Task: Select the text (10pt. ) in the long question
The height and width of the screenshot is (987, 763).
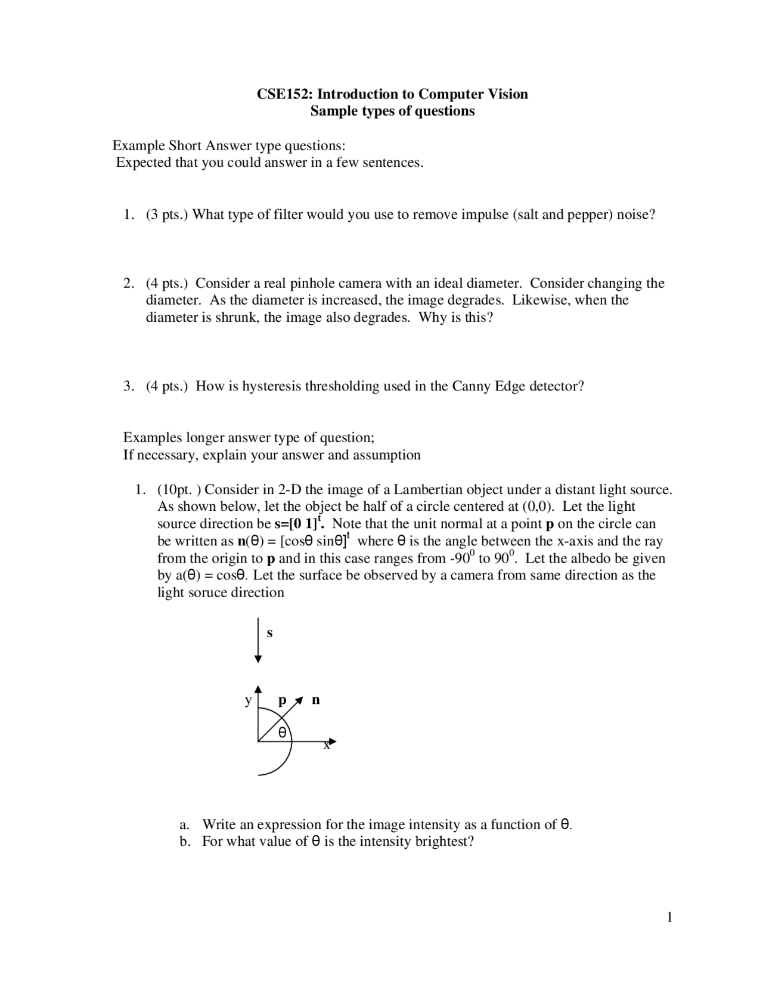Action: click(179, 490)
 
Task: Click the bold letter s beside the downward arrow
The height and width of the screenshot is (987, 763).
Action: click(269, 633)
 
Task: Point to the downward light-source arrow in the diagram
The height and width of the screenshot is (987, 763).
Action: click(258, 641)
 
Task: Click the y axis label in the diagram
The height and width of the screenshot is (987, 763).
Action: click(248, 700)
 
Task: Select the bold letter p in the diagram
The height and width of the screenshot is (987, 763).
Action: click(283, 700)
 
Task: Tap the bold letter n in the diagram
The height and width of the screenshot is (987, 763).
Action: click(316, 700)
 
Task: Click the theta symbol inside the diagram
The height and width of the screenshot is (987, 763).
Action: click(282, 731)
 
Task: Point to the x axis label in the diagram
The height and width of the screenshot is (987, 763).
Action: click(327, 746)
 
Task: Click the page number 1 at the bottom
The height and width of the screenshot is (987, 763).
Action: click(669, 917)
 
